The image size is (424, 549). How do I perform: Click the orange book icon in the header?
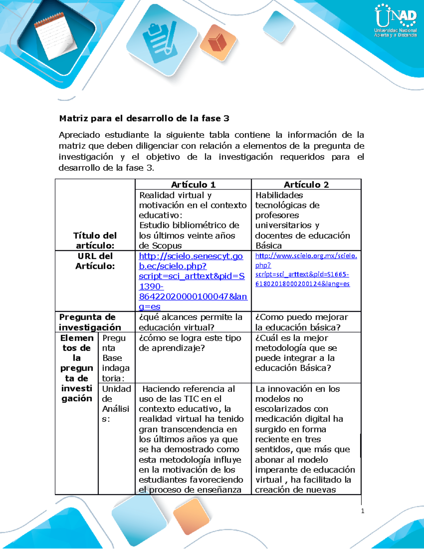(218, 42)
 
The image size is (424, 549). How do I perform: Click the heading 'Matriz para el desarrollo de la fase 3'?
(144, 118)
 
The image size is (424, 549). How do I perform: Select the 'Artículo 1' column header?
(193, 185)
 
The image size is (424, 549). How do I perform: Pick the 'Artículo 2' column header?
(306, 185)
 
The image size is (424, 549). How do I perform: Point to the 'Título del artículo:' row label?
(95, 240)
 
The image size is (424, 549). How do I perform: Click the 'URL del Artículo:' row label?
(95, 261)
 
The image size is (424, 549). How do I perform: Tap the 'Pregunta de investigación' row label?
(90, 322)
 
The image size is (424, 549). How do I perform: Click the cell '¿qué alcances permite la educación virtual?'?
(191, 322)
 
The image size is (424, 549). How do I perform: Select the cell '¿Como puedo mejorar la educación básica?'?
(301, 322)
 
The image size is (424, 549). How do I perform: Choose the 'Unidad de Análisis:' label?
(116, 404)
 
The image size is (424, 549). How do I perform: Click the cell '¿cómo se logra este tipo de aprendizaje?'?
(190, 343)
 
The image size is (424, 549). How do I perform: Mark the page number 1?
(363, 511)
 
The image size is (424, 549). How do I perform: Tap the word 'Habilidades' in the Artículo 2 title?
(279, 195)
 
